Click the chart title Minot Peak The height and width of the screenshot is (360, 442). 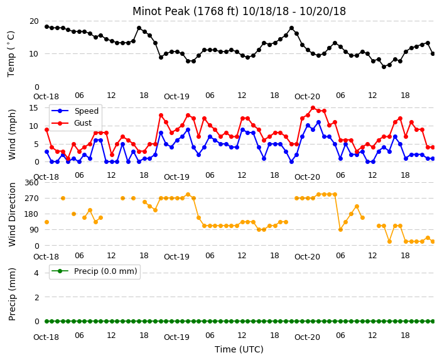click(239, 11)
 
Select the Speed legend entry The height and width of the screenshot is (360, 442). click(75, 111)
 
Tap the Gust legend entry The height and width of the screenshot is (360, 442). click(72, 123)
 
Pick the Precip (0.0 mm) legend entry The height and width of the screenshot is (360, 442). click(94, 271)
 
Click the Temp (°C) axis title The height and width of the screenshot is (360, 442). click(11, 54)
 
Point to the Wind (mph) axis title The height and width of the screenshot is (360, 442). click(12, 134)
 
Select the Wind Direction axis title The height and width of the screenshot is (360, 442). click(12, 214)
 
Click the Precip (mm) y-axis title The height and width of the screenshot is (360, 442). click(12, 294)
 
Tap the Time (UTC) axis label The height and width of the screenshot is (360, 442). click(239, 349)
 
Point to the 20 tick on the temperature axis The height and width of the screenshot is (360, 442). click(34, 21)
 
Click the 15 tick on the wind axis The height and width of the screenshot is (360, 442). click(34, 108)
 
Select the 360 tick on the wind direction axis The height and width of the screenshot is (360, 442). click(31, 183)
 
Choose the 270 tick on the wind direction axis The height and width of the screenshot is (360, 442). click(31, 199)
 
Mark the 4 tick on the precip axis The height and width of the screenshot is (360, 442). click(36, 273)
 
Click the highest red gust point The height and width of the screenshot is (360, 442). click(313, 108)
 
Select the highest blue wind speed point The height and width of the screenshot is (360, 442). click(318, 123)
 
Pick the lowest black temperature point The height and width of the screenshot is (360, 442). click(384, 67)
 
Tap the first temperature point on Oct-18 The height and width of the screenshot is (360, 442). click(47, 27)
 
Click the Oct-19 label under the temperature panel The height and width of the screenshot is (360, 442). click(176, 97)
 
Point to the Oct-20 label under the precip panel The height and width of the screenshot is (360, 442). click(307, 337)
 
